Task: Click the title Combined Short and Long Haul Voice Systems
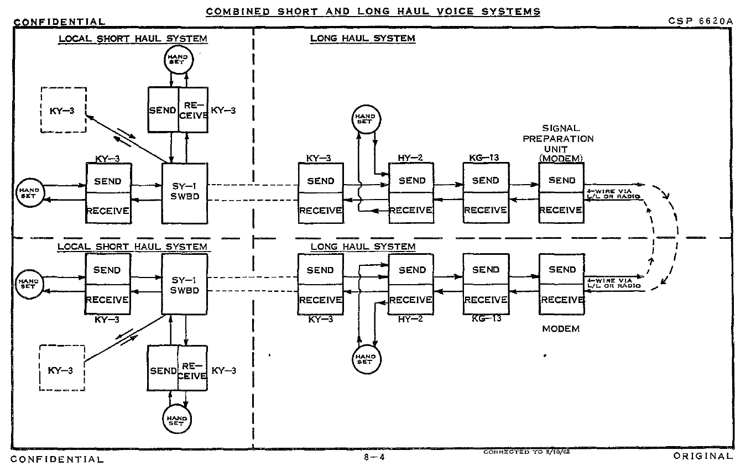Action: tap(373, 11)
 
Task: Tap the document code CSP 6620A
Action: tap(700, 21)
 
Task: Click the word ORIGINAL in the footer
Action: tap(703, 457)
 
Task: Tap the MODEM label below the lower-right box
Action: tap(561, 329)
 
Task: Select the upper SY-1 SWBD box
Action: tap(185, 193)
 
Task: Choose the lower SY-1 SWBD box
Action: tap(185, 284)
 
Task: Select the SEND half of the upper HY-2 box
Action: tap(411, 180)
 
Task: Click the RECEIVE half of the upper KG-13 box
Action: tap(486, 210)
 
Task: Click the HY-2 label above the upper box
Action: tap(410, 158)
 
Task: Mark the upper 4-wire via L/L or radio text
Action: tap(613, 193)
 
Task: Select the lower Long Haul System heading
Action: tap(363, 246)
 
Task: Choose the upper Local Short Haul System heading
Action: tap(133, 39)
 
